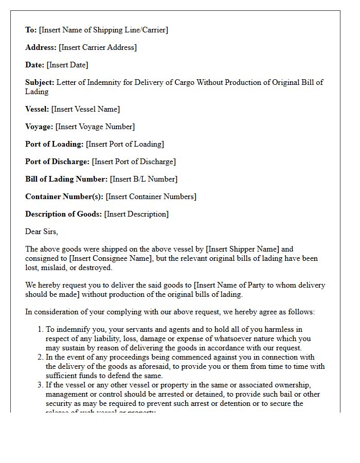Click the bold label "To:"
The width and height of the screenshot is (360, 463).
31,30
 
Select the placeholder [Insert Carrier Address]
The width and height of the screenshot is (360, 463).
98,47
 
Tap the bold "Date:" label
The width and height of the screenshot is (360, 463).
35,65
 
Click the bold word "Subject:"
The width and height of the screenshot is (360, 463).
40,82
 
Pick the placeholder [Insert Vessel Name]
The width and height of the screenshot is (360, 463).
85,109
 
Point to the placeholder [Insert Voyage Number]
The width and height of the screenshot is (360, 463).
95,127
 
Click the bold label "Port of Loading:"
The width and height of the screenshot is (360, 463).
55,144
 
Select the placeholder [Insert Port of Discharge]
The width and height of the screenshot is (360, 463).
134,162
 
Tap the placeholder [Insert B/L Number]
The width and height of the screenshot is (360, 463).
143,179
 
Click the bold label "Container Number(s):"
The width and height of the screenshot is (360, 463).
64,197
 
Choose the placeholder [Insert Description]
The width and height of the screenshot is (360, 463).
136,214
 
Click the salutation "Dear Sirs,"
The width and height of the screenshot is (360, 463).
42,232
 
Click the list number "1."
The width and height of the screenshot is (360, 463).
40,329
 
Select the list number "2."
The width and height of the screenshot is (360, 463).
40,357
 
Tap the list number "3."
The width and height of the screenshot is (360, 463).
40,385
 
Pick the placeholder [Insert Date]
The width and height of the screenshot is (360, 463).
67,65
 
